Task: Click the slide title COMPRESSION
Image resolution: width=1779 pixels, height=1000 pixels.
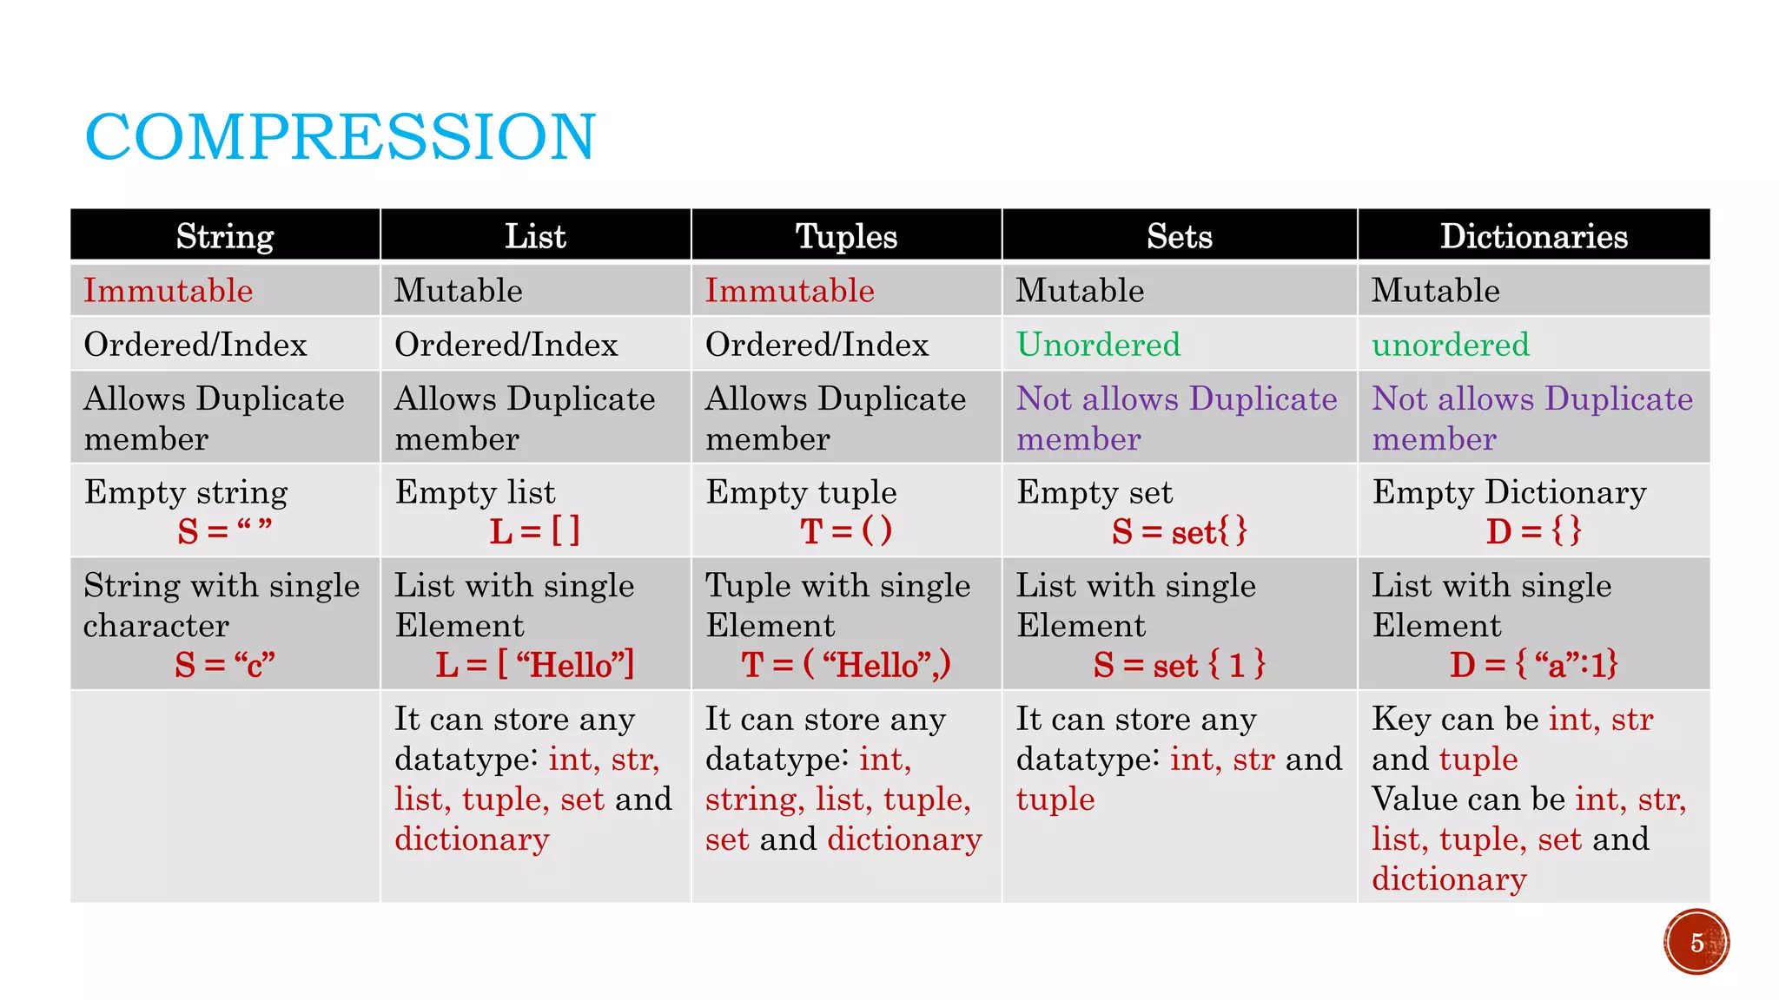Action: pyautogui.click(x=341, y=137)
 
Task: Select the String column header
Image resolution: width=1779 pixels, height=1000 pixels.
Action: pyautogui.click(x=225, y=236)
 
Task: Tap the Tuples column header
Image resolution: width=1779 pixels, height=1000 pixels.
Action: pyautogui.click(x=846, y=236)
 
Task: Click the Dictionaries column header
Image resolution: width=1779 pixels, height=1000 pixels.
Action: pyautogui.click(x=1533, y=236)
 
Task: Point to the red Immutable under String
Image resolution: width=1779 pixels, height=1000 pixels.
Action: pyautogui.click(x=169, y=291)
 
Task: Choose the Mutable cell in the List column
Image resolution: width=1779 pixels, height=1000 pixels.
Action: pyautogui.click(x=459, y=291)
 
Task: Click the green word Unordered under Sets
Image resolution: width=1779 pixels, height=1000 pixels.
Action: pyautogui.click(x=1098, y=345)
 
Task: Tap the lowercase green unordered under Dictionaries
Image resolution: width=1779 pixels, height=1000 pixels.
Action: pyautogui.click(x=1450, y=345)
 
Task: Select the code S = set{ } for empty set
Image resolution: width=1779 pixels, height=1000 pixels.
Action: pyautogui.click(x=1179, y=531)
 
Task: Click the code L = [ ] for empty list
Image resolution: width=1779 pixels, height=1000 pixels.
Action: pyautogui.click(x=534, y=531)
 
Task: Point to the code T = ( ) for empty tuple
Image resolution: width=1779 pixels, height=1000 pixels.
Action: pyautogui.click(x=845, y=531)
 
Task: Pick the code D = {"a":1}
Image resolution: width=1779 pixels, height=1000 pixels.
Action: pyautogui.click(x=1533, y=665)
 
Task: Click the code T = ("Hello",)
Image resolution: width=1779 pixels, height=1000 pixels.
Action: pyautogui.click(x=845, y=665)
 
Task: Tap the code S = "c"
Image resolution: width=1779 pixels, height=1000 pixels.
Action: pyautogui.click(x=224, y=665)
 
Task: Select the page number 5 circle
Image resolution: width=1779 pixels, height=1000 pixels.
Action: pyautogui.click(x=1696, y=942)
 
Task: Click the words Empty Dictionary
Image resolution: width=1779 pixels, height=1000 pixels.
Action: pyautogui.click(x=1509, y=492)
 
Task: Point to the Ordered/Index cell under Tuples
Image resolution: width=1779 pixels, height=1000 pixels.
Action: pyautogui.click(x=817, y=345)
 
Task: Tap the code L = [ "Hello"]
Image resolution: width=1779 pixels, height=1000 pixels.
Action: pyautogui.click(x=534, y=665)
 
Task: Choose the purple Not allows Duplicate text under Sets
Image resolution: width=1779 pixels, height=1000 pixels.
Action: pyautogui.click(x=1176, y=399)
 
